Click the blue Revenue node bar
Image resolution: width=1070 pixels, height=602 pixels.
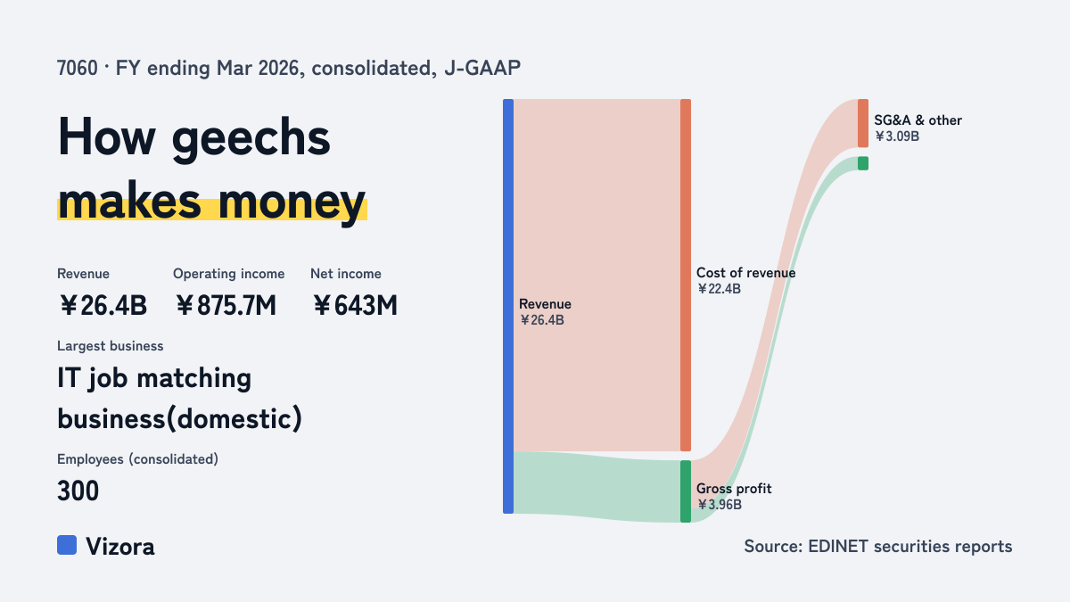tap(508, 306)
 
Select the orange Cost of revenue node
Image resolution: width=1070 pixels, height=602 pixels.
tap(686, 275)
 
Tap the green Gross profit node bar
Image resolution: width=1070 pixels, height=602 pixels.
tap(686, 491)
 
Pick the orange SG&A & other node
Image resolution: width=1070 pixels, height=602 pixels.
tap(863, 123)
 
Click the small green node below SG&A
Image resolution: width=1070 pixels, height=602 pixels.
tap(863, 163)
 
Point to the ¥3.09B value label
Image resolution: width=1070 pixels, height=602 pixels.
tap(897, 136)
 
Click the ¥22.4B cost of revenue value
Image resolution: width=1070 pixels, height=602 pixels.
tap(719, 289)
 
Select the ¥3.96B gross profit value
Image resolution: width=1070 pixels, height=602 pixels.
tap(720, 505)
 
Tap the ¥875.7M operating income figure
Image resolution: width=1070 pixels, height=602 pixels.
tap(226, 305)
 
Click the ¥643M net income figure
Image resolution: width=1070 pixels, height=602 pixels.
tap(355, 305)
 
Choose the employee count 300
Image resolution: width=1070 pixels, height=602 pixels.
tap(78, 491)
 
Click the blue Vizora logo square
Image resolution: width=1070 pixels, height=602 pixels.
tap(67, 545)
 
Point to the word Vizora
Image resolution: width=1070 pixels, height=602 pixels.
tap(120, 547)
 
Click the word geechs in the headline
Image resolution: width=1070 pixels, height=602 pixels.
tap(251, 138)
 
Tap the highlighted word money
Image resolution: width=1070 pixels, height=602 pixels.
tap(292, 202)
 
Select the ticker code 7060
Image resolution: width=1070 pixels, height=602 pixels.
tap(78, 69)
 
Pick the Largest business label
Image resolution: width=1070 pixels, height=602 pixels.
tap(111, 346)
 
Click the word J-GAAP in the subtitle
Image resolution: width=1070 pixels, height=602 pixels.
tap(482, 69)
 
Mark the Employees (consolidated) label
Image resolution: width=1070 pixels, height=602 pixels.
tap(137, 459)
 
